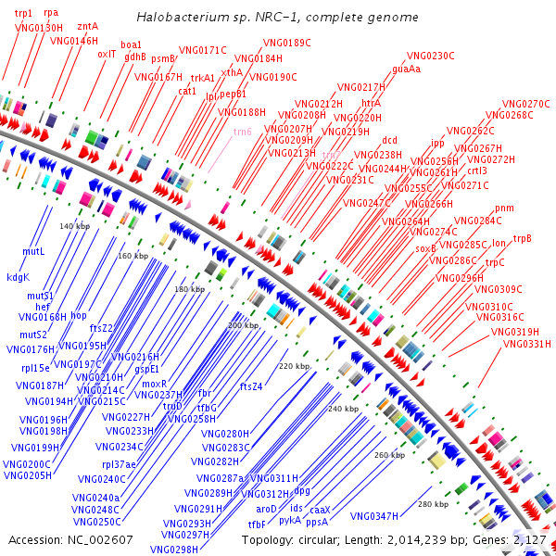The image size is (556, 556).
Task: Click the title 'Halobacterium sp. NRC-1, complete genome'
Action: tap(277, 18)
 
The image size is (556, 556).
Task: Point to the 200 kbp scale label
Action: tap(243, 325)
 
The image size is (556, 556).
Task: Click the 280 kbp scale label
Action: tap(433, 504)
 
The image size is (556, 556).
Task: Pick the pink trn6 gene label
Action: tap(242, 132)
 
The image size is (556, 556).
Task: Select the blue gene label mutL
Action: tap(33, 251)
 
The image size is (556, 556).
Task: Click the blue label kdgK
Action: tap(19, 277)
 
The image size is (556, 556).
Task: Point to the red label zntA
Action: tap(88, 27)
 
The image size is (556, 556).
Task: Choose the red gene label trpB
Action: tap(523, 239)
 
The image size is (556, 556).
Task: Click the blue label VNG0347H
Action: tap(374, 516)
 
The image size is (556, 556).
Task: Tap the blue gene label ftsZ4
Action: tap(251, 386)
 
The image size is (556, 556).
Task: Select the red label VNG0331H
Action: tap(526, 344)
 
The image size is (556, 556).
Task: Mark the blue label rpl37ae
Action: tap(119, 463)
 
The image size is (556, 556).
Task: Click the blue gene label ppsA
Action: tap(317, 522)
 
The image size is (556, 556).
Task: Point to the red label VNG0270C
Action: tap(526, 104)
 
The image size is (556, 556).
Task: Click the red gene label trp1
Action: tap(23, 13)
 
